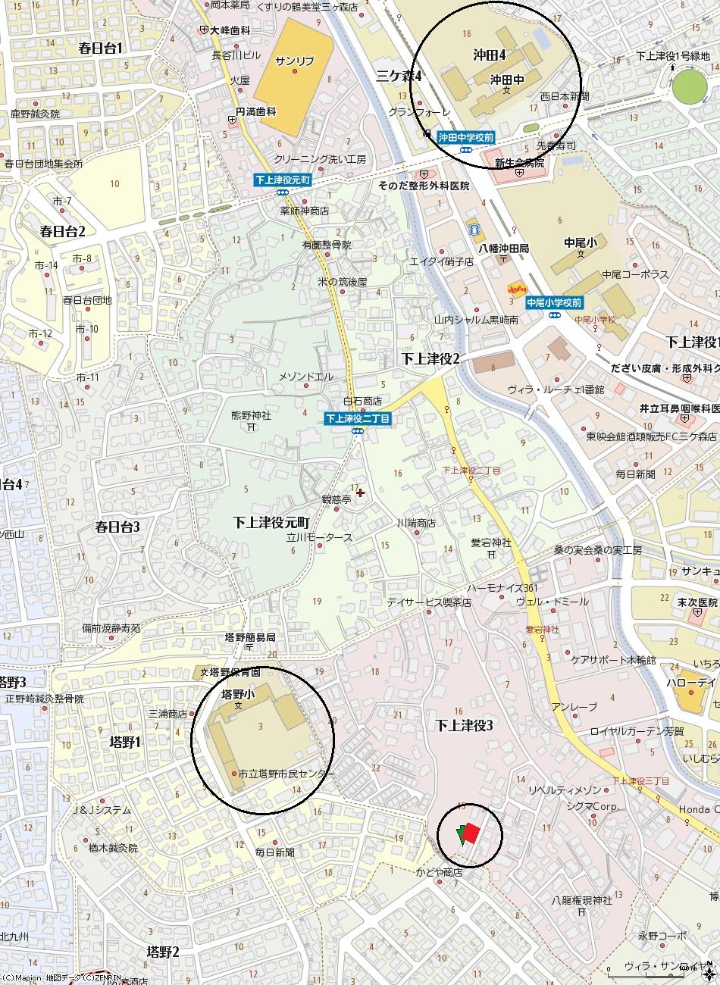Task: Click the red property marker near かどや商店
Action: pos(470,832)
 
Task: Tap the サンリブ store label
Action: pos(294,61)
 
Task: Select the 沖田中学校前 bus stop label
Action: pos(466,137)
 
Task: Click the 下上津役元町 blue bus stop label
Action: pos(283,181)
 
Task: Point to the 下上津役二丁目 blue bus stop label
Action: pos(358,418)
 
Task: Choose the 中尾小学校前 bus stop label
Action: pos(555,302)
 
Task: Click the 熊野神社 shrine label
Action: pos(251,415)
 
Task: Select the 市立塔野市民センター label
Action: pos(285,774)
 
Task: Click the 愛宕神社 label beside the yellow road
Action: pos(491,543)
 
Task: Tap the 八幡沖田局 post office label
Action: pos(503,248)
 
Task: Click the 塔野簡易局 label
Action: pos(250,637)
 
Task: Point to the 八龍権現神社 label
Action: pos(581,900)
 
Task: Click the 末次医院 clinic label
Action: pos(697,602)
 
